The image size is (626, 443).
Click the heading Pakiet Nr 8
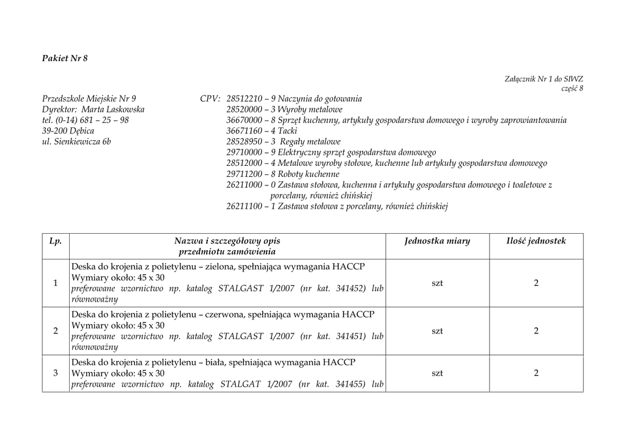65,59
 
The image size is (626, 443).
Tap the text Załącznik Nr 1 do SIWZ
543,79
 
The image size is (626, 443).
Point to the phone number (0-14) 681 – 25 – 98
91,120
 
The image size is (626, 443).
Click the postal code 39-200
54,131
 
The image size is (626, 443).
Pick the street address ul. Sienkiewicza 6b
76,142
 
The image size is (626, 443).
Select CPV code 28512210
244,99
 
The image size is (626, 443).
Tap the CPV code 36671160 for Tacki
244,131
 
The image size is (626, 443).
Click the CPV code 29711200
244,174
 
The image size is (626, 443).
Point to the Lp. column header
56,241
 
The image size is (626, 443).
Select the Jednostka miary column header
437,241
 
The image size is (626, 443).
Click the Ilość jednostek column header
536,241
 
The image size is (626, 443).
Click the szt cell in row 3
437,373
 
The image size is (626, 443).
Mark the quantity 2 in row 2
536,331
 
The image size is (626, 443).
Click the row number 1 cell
56,283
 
